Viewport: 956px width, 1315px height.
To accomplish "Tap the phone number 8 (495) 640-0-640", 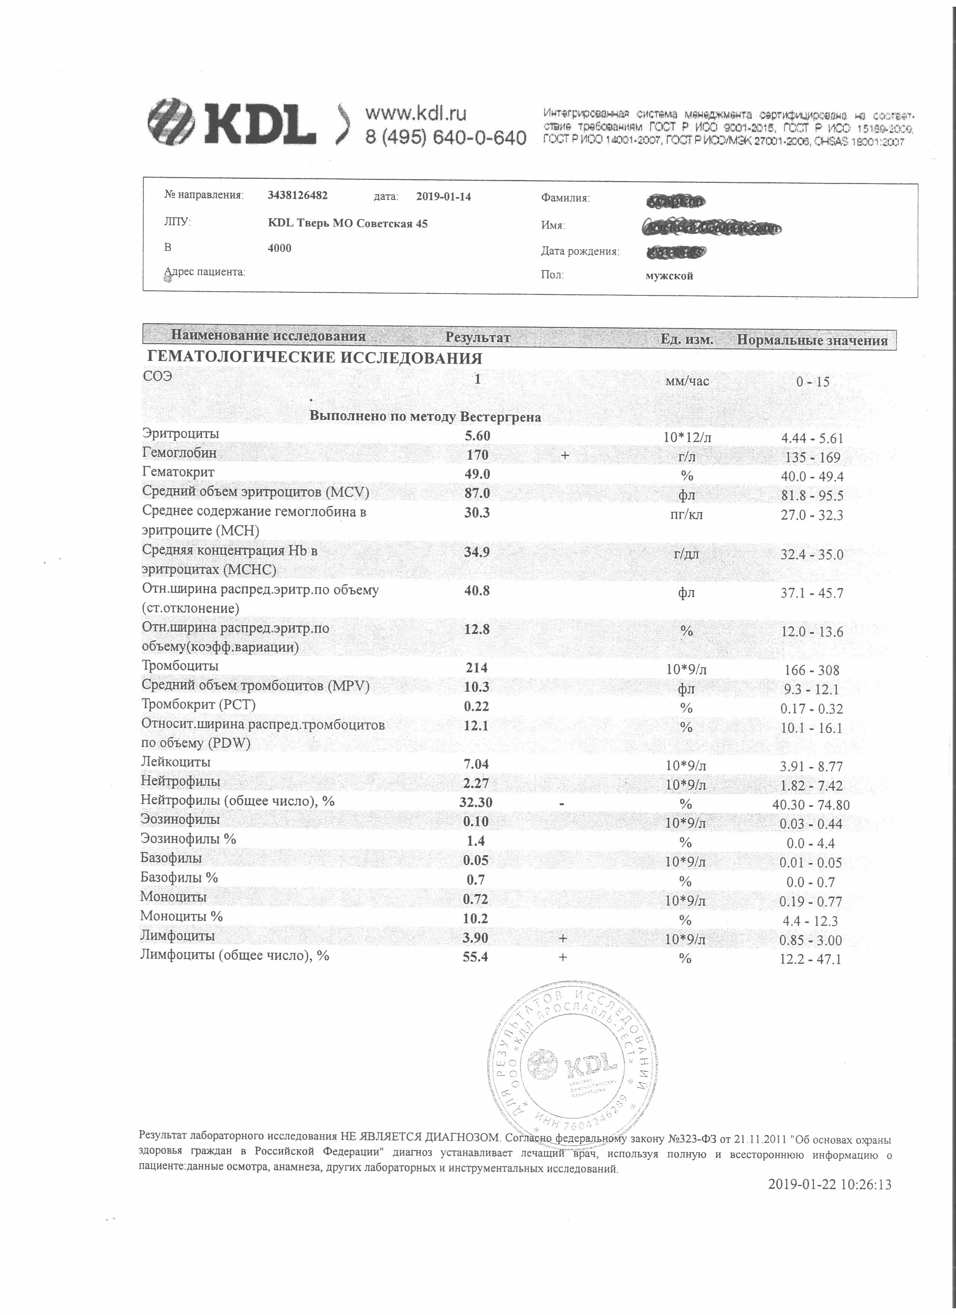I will [x=445, y=138].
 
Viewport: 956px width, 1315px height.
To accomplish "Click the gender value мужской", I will [x=669, y=276].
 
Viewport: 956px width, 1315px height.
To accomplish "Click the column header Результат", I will [x=477, y=337].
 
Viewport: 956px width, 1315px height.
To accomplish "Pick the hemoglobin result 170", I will [x=477, y=455].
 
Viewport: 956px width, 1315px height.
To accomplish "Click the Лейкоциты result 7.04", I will [x=477, y=765].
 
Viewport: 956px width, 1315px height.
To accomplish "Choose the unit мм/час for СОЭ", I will [x=686, y=381].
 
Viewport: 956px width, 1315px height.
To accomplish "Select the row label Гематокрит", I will [x=178, y=473].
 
